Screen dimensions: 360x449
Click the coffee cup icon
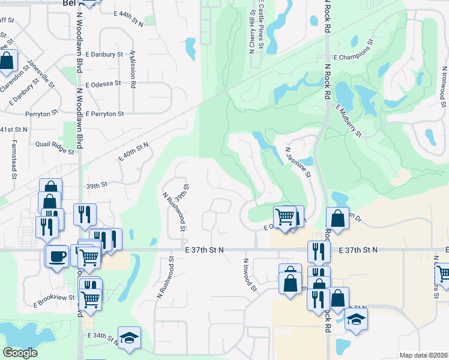[57, 256]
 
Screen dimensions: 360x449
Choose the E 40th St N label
[133, 151]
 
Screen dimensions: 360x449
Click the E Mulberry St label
[349, 121]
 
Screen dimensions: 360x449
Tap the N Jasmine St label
[298, 163]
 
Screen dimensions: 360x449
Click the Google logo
[20, 353]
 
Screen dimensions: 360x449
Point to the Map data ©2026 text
[423, 355]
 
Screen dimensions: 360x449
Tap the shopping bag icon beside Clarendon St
[8, 61]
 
